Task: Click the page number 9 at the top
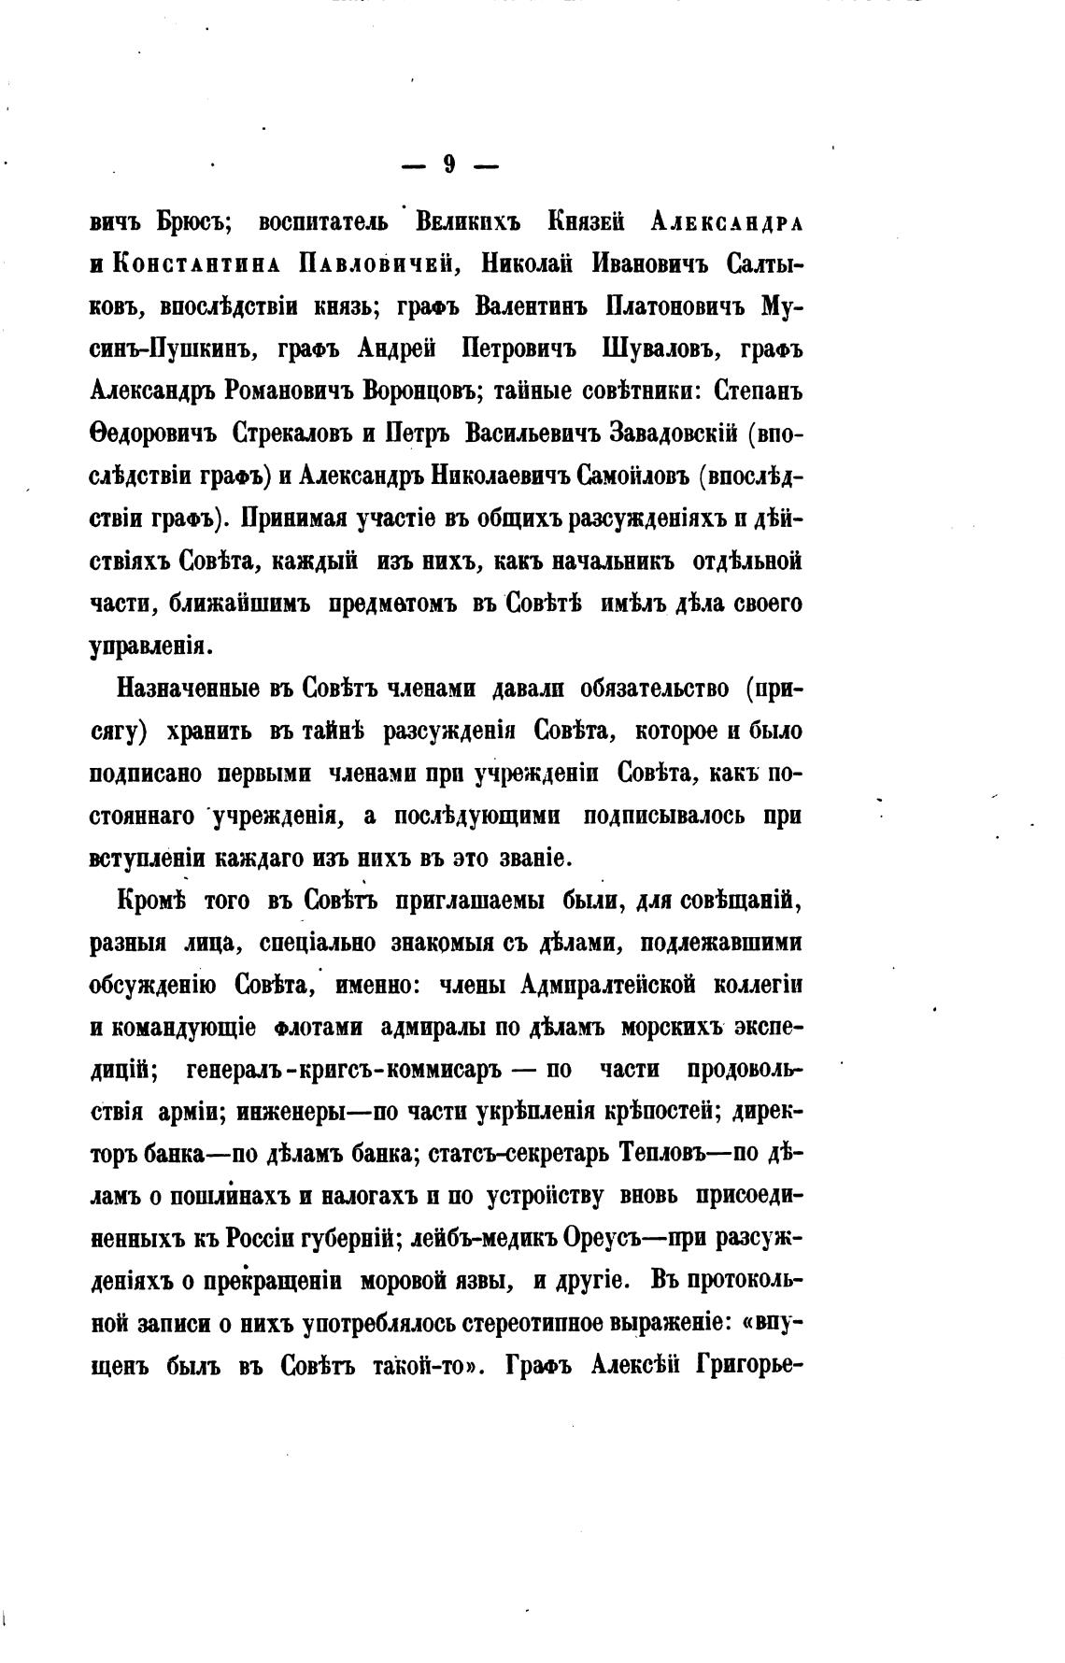[449, 164]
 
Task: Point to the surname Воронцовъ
[400, 391]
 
